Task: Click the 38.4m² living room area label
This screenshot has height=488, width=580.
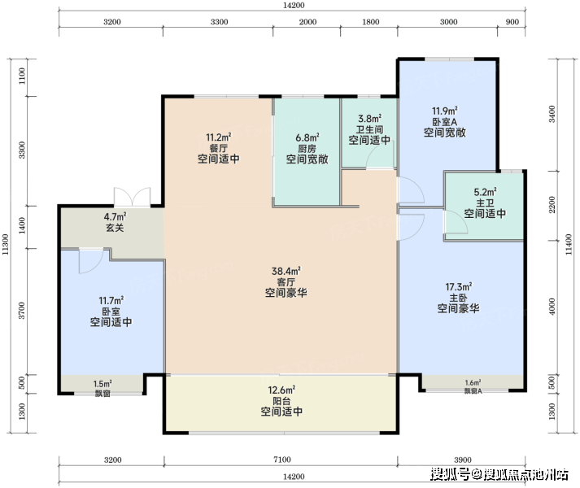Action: pos(286,271)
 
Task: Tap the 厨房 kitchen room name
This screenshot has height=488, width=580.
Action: pos(307,149)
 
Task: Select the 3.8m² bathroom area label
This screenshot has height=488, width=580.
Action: pos(369,119)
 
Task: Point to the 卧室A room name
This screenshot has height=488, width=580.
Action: pos(445,122)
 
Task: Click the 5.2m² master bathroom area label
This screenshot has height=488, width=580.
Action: pos(485,192)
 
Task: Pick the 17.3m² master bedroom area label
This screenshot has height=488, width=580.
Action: pos(458,287)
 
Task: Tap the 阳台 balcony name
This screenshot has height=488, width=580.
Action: pos(281,401)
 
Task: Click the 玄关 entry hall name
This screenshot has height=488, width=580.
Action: pos(115,228)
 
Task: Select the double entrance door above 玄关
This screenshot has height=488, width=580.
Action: pos(132,197)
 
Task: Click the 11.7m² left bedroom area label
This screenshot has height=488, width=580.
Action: pos(111,300)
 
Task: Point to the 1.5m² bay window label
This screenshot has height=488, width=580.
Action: pos(102,384)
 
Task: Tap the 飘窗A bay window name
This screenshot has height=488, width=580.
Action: pos(473,391)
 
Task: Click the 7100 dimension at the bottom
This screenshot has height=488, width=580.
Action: pos(281,460)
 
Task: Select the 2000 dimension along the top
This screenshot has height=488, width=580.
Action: pos(307,22)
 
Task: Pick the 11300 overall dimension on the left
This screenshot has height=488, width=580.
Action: pos(5,244)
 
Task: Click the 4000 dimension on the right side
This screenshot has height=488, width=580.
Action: pos(552,307)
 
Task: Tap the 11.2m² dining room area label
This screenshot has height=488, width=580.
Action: pos(219,137)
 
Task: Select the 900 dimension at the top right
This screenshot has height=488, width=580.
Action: pos(512,22)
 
